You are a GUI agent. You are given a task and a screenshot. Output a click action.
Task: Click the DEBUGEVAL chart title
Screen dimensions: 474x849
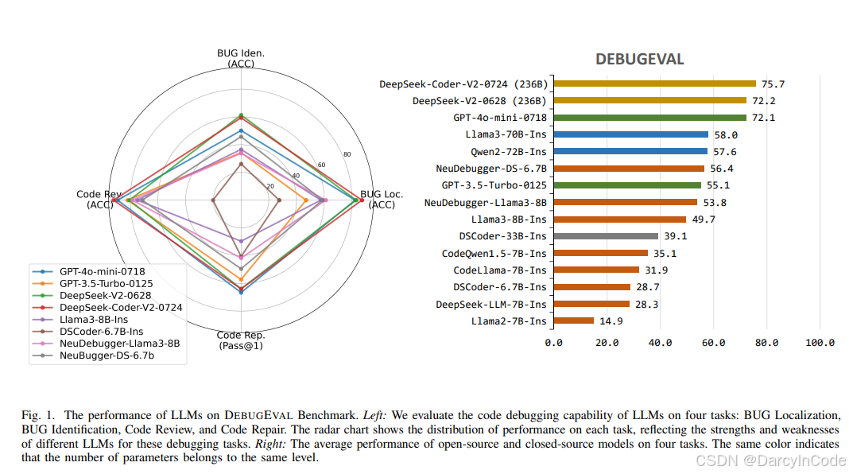[640, 60]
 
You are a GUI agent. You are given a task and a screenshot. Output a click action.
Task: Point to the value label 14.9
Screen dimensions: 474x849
[611, 321]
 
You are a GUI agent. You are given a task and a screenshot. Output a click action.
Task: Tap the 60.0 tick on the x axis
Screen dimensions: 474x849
[713, 343]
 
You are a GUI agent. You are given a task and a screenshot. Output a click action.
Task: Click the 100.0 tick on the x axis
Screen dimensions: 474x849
[820, 343]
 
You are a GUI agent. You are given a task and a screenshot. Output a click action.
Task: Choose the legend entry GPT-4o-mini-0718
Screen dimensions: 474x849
[102, 271]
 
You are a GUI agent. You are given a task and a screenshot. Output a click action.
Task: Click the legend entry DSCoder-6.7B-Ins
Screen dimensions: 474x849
[101, 331]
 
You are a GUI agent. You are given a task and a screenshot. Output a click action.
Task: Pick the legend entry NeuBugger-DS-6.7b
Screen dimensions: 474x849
[107, 355]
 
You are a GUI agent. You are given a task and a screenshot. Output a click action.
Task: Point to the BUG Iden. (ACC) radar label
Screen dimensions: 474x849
[241, 58]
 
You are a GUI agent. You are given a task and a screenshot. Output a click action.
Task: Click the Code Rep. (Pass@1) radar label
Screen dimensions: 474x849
[240, 340]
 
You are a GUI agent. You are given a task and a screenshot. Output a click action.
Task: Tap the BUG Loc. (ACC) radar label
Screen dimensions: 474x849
[382, 200]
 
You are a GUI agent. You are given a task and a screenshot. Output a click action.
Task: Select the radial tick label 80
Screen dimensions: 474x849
[347, 153]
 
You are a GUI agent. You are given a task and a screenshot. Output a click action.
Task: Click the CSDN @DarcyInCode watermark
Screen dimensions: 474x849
[769, 460]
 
